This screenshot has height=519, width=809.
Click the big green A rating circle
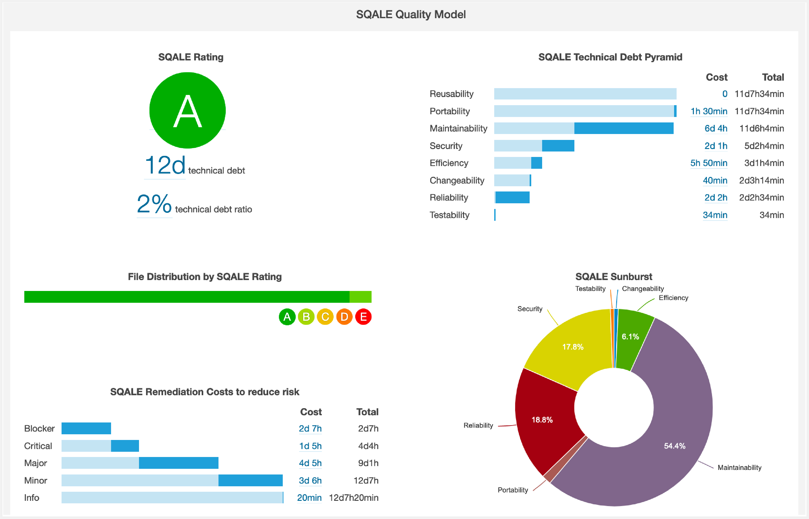point(187,110)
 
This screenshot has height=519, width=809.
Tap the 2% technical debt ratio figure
point(154,204)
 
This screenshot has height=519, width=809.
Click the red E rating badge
point(363,317)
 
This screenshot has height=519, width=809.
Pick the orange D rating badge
point(344,317)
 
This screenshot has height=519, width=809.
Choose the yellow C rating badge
point(325,317)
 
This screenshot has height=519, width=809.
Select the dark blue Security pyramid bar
point(558,146)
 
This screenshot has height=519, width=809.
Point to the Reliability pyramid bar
point(512,197)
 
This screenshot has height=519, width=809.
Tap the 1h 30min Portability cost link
point(709,111)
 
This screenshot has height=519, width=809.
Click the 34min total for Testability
point(771,215)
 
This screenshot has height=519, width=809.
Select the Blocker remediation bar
point(86,428)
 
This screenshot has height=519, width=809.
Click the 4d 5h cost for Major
point(310,463)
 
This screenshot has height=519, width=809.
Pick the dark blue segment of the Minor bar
point(250,480)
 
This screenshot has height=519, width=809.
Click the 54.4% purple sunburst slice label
point(675,446)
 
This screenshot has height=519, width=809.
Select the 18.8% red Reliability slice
point(542,420)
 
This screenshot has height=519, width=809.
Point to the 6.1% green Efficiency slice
point(630,337)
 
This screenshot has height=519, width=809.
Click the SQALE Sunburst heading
point(614,277)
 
